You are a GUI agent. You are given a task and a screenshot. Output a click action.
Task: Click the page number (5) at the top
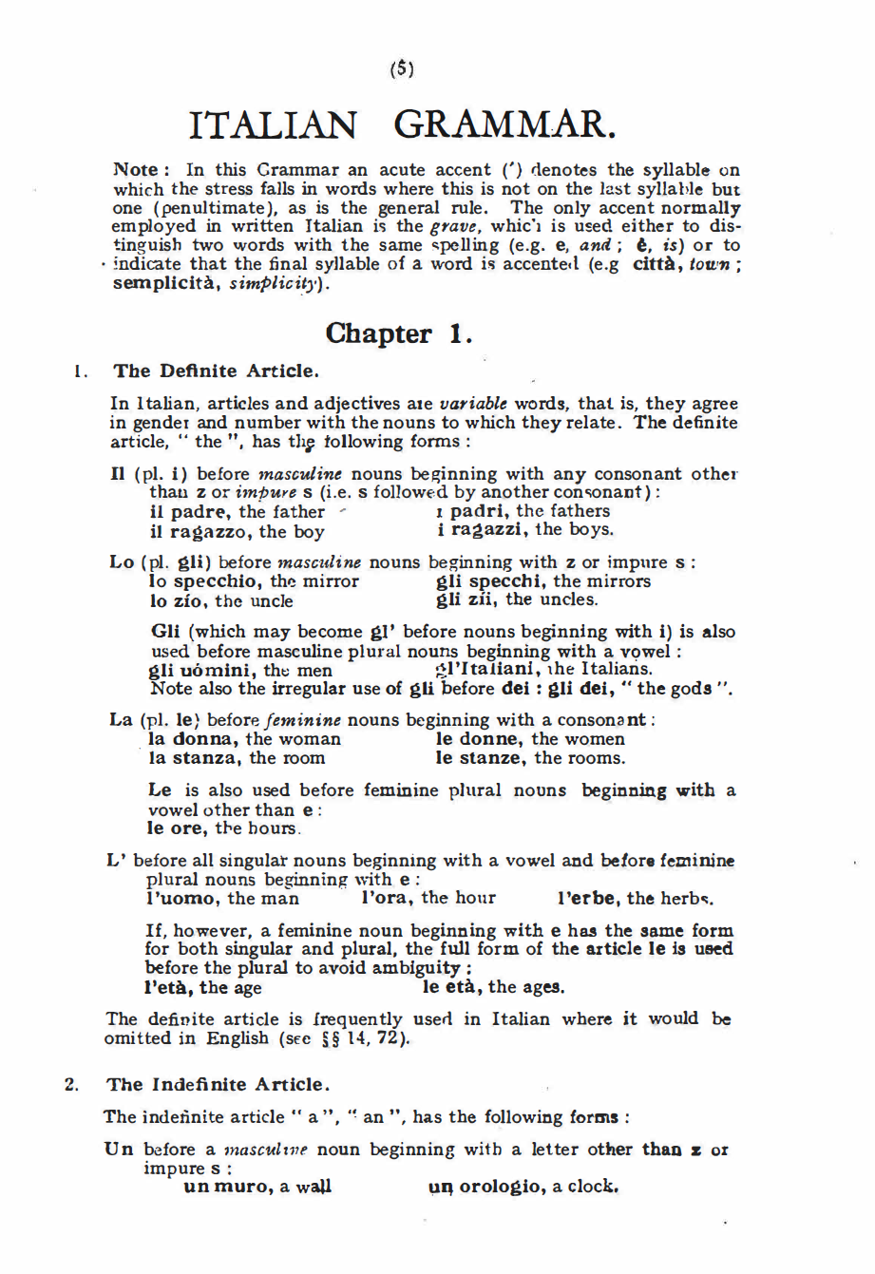tap(403, 69)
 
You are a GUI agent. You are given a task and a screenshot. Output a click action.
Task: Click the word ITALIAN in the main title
tap(275, 124)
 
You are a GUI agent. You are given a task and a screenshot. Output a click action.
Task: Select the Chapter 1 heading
tap(398, 333)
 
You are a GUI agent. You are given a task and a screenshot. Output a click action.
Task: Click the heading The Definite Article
tap(215, 371)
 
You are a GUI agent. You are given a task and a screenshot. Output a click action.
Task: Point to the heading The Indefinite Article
tap(219, 1084)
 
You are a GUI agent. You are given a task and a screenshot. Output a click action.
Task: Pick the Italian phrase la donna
tap(194, 738)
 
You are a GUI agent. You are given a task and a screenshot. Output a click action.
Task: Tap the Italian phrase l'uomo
tap(182, 898)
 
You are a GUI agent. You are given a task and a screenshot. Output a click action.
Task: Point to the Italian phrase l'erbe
tap(588, 898)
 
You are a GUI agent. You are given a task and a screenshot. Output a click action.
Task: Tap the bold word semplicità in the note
tap(166, 283)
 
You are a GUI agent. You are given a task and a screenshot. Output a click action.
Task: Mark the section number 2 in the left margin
tap(70, 1084)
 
